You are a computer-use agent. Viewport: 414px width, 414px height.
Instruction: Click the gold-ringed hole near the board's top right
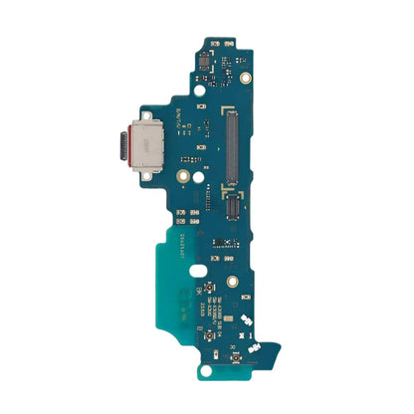point(245,77)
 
